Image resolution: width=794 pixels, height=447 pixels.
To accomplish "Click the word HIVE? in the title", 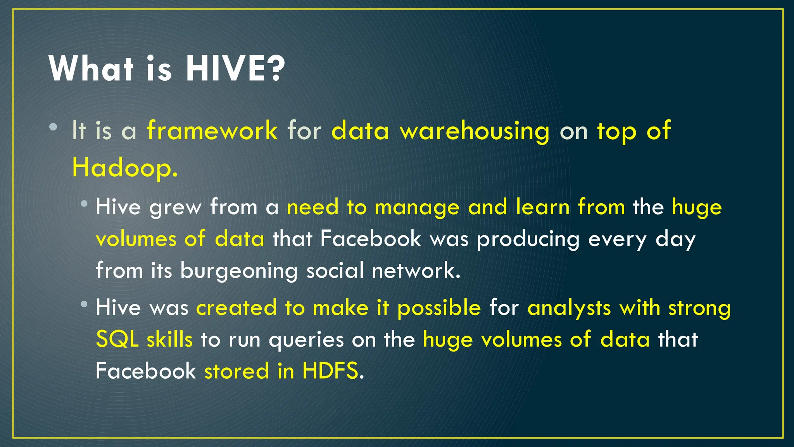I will (x=235, y=69).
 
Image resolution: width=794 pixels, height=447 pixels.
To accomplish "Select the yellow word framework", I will (x=212, y=130).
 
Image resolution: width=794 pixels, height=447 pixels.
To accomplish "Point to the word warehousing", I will (x=475, y=131).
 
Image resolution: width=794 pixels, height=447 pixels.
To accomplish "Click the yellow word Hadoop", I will (x=125, y=168).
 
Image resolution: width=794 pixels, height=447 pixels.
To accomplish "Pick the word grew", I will (x=175, y=207).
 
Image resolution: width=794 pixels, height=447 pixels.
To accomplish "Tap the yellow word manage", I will (x=417, y=207).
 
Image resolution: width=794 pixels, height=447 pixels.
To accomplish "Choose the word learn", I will (x=542, y=206).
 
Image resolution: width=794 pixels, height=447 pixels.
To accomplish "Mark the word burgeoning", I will (x=239, y=271).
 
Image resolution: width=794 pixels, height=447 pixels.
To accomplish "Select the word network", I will (x=416, y=270).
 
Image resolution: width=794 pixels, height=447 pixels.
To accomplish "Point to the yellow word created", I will (x=236, y=308).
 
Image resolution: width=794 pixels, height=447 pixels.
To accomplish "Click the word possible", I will (x=439, y=308).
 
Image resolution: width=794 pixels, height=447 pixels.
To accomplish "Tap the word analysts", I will (x=569, y=308).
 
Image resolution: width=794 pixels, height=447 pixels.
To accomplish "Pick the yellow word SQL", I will (x=117, y=340).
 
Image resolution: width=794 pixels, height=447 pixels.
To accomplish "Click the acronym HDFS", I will (x=330, y=371).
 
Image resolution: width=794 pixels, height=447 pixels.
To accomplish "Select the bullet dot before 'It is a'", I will (x=54, y=127).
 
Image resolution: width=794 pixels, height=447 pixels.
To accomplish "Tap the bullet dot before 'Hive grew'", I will (x=84, y=204).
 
